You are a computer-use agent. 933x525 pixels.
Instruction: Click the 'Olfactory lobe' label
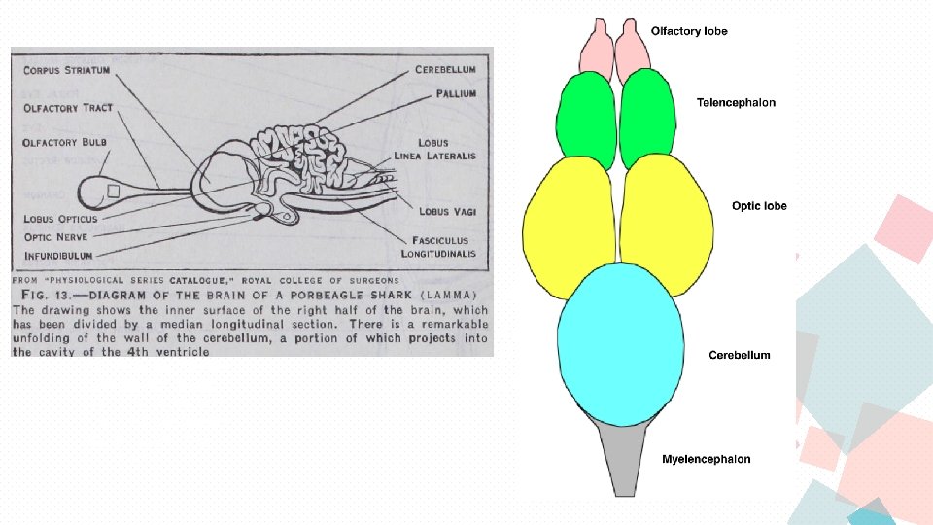[x=688, y=31]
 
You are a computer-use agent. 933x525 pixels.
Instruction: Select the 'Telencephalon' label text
[x=736, y=102]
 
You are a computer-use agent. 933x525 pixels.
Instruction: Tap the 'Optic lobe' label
[x=759, y=206]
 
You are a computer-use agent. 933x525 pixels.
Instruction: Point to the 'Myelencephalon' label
[x=706, y=459]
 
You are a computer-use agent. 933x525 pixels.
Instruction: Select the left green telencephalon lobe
[x=585, y=122]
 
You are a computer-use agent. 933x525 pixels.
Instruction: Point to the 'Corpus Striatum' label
[x=65, y=71]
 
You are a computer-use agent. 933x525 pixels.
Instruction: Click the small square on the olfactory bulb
[x=114, y=192]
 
